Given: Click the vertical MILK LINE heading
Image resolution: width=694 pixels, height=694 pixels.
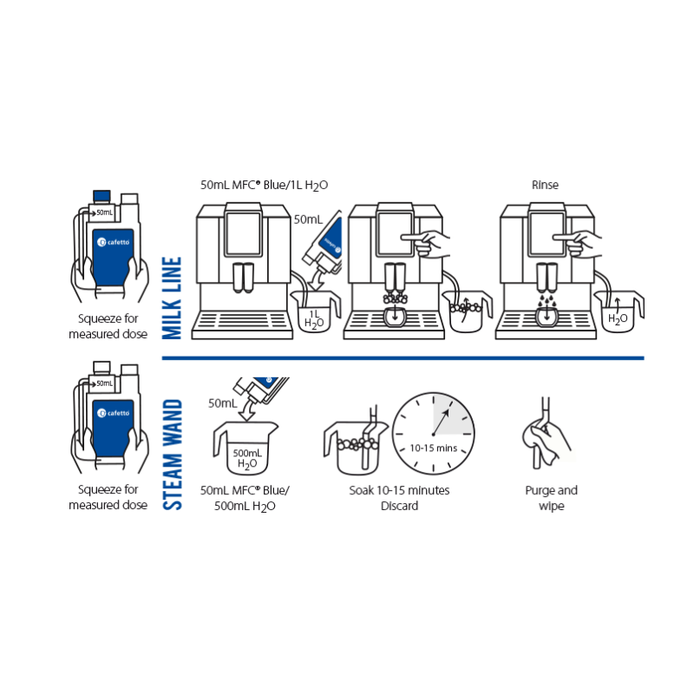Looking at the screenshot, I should pos(172,298).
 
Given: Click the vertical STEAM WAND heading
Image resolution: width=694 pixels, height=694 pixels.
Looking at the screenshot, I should pos(172,454).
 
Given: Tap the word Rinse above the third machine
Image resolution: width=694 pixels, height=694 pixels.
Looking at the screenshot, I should pos(544,185).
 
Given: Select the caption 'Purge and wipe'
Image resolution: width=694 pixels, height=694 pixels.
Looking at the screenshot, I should pos(551,498).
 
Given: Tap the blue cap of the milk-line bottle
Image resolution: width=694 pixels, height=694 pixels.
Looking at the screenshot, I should pos(101,196).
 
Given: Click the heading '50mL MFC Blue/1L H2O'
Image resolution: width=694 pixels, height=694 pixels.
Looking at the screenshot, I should pos(264,185).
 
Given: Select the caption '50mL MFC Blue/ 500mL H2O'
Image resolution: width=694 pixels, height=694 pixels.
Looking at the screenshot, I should pos(246,498).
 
